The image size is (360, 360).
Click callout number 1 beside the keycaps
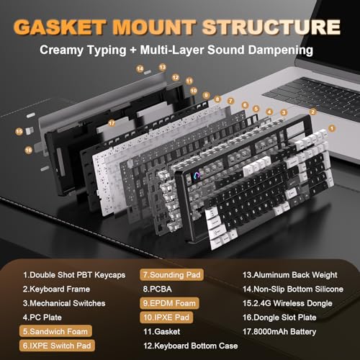tap(332, 127)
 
